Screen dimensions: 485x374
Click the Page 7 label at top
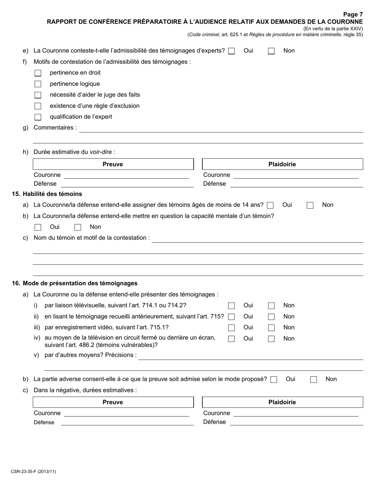pyautogui.click(x=353, y=15)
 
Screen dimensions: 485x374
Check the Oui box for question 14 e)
pyautogui.click(x=231, y=51)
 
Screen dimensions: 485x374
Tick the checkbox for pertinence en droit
pyautogui.click(x=38, y=73)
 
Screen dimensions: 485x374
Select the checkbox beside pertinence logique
pyautogui.click(x=38, y=84)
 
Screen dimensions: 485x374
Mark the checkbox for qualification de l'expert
pyautogui.click(x=38, y=117)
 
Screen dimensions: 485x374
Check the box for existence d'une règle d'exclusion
pyautogui.click(x=38, y=106)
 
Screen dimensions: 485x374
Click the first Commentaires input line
pyautogui.click(x=220, y=129)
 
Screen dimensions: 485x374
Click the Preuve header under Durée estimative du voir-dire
pyautogui.click(x=113, y=164)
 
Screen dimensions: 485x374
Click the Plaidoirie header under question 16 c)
pyautogui.click(x=282, y=402)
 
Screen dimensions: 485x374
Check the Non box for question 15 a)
pyautogui.click(x=310, y=205)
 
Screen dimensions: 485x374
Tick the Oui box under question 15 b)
pyautogui.click(x=38, y=227)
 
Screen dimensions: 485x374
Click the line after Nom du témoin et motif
pyautogui.click(x=257, y=239)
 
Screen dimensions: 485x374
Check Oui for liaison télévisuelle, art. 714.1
pyautogui.click(x=231, y=306)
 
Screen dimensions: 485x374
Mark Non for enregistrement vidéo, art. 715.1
pyautogui.click(x=271, y=328)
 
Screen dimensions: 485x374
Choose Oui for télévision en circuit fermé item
pyautogui.click(x=231, y=339)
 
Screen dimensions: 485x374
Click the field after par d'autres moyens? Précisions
pyautogui.click(x=251, y=356)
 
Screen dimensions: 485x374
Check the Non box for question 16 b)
pyautogui.click(x=314, y=379)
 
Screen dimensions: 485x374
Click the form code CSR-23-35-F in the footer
pyautogui.click(x=33, y=471)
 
